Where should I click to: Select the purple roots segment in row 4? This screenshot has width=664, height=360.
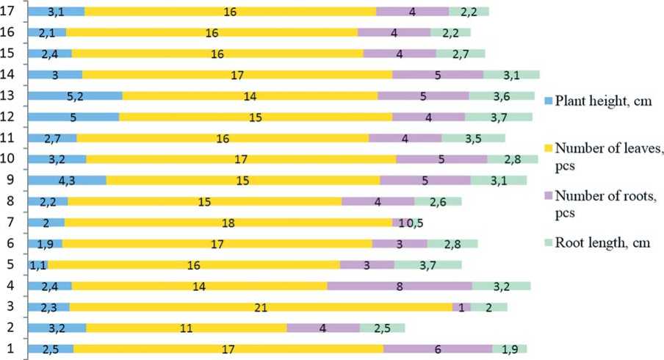tap(399, 287)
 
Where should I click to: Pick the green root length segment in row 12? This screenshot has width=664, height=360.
tap(498, 117)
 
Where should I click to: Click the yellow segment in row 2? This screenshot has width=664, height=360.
tap(187, 328)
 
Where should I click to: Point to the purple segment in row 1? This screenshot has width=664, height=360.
tap(437, 349)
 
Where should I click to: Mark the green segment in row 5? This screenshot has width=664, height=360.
tap(427, 265)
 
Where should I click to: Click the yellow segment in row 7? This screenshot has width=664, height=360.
tap(228, 223)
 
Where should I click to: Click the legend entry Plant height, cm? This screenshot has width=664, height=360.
tap(603, 101)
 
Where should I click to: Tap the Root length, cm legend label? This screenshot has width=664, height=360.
tap(603, 242)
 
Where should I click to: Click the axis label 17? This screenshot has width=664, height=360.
tap(9, 11)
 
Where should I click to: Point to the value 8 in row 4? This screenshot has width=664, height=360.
tap(399, 287)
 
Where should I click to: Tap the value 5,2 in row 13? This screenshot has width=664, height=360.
tap(74, 96)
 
